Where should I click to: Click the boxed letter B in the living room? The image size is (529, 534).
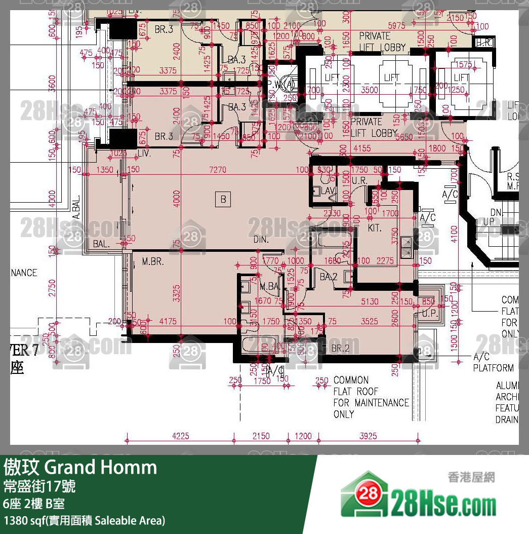pos(223,199)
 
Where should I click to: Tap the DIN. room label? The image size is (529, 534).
pos(261,239)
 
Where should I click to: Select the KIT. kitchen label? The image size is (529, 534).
pos(375,228)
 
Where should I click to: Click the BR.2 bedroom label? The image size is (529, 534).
pos(341,348)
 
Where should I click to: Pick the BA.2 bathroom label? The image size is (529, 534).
pos(329,277)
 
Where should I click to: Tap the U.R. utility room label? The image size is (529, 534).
pos(360,181)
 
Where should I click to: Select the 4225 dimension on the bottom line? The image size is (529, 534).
pos(181,436)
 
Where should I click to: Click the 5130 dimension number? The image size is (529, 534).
pos(370,301)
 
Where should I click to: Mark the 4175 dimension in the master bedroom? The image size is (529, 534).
pos(168,321)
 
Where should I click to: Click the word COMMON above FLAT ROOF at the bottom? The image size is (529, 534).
pos(351,380)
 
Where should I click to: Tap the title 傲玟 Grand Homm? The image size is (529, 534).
pos(81,467)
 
